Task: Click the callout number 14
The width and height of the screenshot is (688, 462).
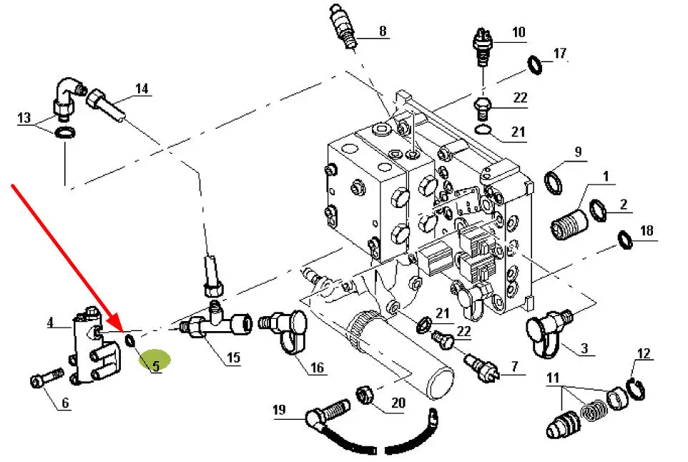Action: (x=142, y=89)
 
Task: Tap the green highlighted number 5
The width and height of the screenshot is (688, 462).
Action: (x=155, y=365)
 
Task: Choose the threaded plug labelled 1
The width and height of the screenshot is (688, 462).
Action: (x=566, y=223)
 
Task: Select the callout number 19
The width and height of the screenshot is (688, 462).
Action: (x=280, y=410)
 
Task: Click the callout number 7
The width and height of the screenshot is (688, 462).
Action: (x=513, y=368)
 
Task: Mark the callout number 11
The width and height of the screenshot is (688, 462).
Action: (x=553, y=377)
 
